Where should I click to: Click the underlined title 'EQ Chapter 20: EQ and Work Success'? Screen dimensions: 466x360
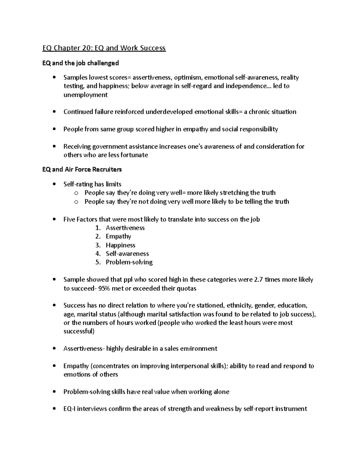(x=104, y=48)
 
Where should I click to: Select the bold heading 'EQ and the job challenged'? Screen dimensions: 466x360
(x=80, y=63)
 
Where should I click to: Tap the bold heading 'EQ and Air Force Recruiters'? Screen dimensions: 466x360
(x=82, y=170)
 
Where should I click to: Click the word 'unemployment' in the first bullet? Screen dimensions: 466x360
(x=85, y=95)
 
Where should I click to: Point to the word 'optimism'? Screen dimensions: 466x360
(x=188, y=77)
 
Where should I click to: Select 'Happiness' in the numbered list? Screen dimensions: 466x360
(x=120, y=245)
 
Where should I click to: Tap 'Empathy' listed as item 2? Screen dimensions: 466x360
(x=118, y=236)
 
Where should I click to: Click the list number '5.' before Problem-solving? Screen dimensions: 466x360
(x=98, y=262)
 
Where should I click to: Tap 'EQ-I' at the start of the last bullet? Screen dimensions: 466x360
(x=70, y=409)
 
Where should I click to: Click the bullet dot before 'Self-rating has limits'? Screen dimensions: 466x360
(x=54, y=185)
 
